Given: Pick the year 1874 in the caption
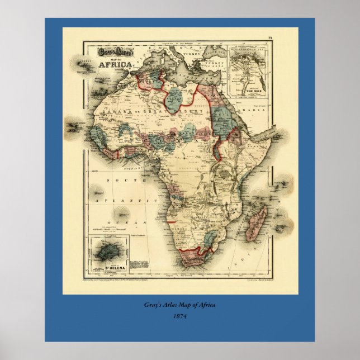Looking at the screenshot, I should coord(179,316).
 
